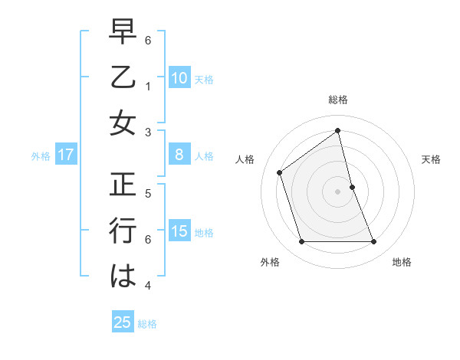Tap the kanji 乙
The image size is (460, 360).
pos(123,78)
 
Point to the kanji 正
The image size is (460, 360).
pos(123,185)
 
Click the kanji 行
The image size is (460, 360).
pos(123,231)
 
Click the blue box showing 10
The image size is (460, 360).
pos(179,77)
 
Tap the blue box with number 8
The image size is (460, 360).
pos(179,155)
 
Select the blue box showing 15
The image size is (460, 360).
pos(179,231)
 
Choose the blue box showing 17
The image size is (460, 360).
pos(66,155)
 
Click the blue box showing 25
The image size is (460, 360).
pos(123,322)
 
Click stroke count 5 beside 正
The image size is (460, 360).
pos(149,193)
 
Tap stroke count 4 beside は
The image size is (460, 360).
pos(149,286)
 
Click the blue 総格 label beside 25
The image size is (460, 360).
pos(148,323)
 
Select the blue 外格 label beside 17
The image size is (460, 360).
pos(41,155)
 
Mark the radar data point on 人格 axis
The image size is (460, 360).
pos(280,172)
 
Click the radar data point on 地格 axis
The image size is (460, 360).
pos(374,242)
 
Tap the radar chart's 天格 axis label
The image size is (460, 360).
pos(431,159)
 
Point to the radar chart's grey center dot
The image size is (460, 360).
pos(338,191)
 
